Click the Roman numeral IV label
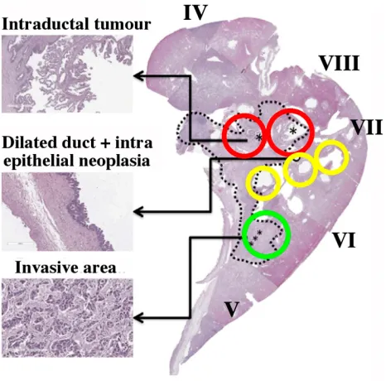(195, 12)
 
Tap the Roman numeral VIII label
(340, 63)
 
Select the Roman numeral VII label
(366, 127)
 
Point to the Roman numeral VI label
(344, 239)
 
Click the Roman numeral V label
(231, 309)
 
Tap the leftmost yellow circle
(247, 183)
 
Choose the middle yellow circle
(284, 170)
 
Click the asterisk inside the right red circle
(292, 131)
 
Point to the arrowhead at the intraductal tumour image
(138, 75)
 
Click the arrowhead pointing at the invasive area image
(138, 318)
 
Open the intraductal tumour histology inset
(67, 74)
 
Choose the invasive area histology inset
(67, 318)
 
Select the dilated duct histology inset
(67, 212)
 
